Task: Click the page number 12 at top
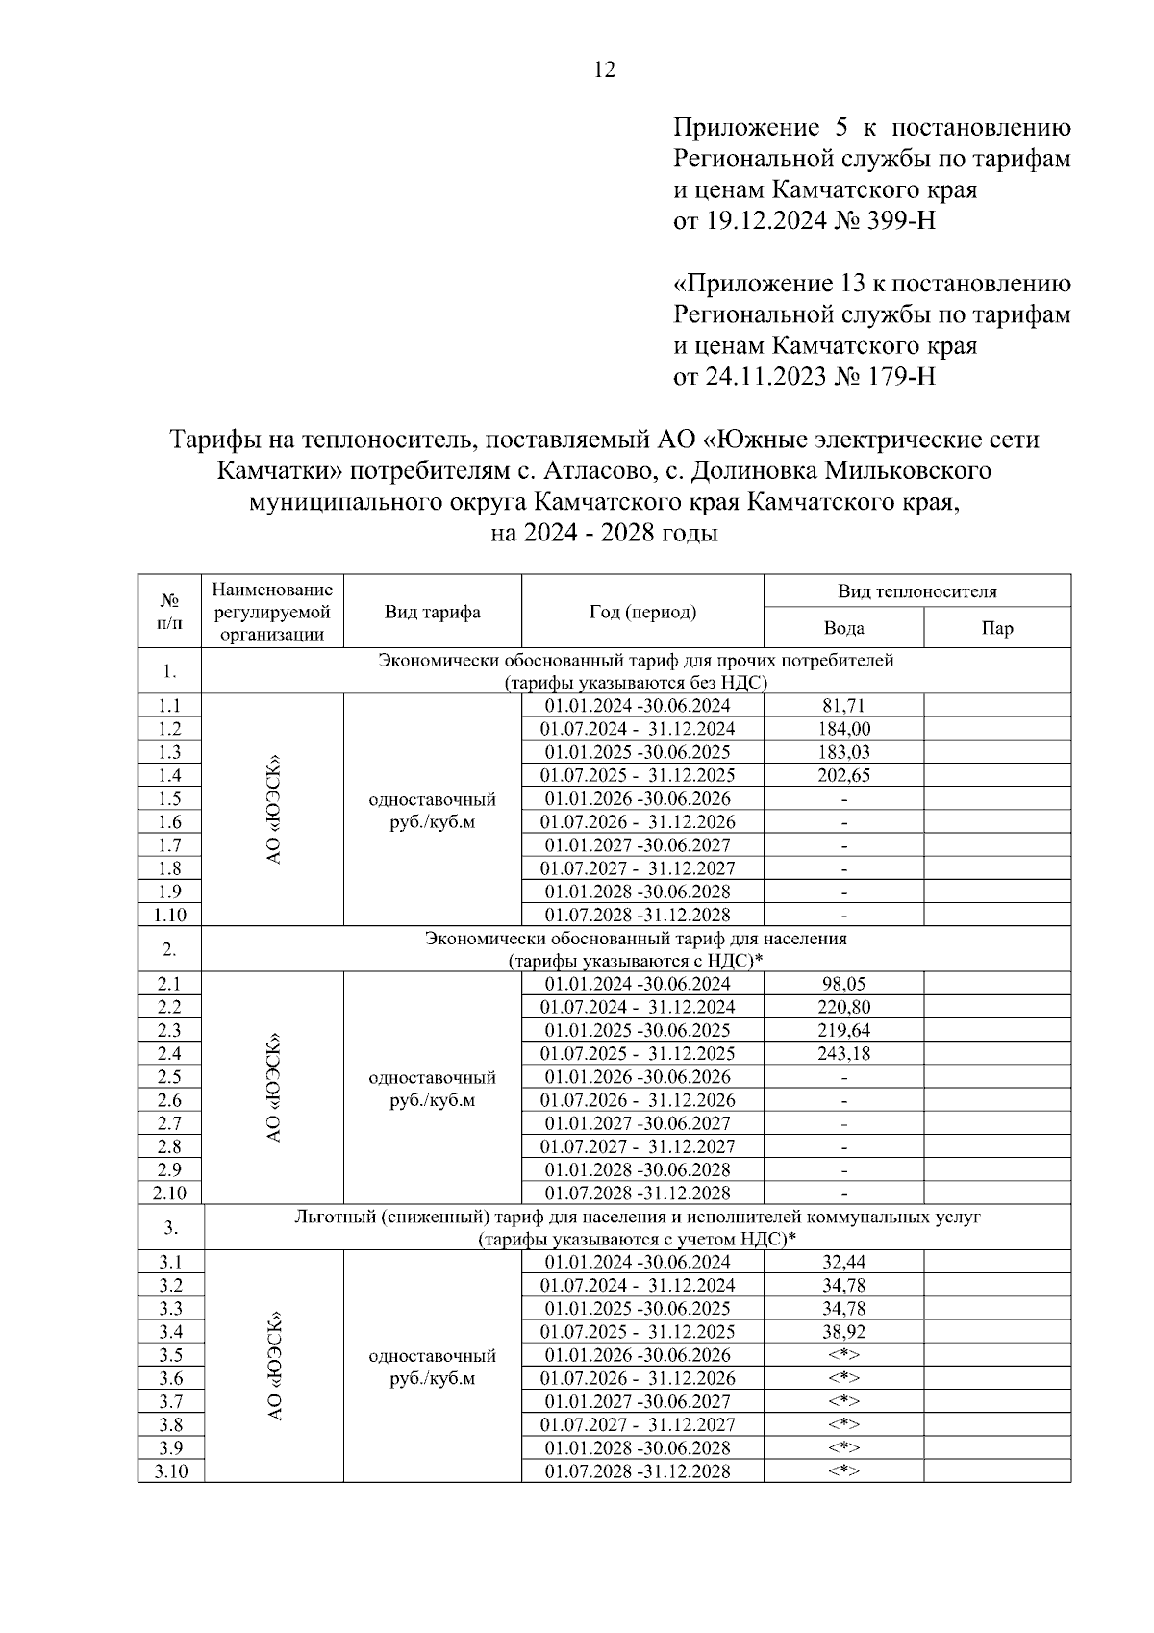[605, 69]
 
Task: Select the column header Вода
[843, 628]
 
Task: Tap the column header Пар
[997, 628]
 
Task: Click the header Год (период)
[642, 612]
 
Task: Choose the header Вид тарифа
[433, 612]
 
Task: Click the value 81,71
[843, 706]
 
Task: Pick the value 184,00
[843, 729]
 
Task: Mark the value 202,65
[843, 775]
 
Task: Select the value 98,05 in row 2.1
[843, 984]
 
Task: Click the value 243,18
[843, 1053]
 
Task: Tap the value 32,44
[843, 1262]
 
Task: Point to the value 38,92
[843, 1332]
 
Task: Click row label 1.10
[170, 915]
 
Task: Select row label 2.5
[170, 1077]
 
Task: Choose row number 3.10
[170, 1471]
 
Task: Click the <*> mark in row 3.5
[843, 1355]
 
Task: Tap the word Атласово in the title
[596, 471]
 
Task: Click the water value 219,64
[843, 1030]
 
